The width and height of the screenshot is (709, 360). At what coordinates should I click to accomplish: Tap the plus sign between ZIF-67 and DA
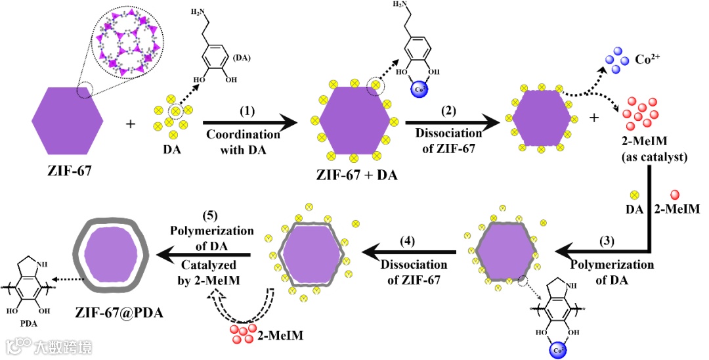(x=131, y=123)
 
